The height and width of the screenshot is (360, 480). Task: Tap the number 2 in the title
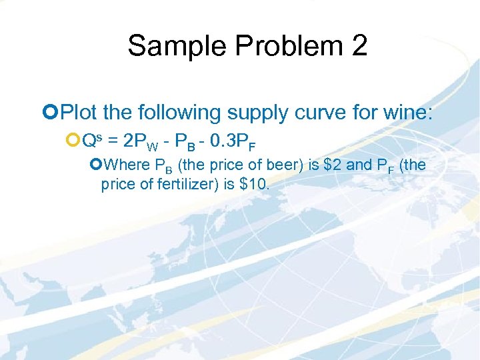(357, 46)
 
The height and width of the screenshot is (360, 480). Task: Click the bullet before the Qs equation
(73, 139)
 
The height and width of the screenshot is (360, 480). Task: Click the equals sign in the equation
(114, 139)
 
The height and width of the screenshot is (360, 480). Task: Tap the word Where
(127, 165)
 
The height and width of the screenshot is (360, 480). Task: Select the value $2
(333, 165)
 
